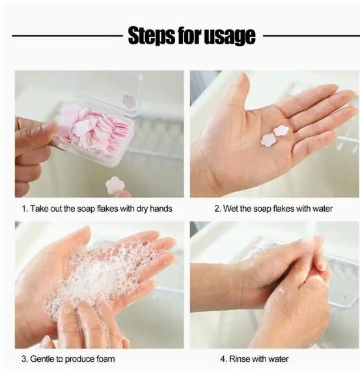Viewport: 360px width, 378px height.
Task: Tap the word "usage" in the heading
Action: pyautogui.click(x=230, y=37)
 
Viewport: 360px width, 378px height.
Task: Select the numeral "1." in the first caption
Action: pyautogui.click(x=25, y=209)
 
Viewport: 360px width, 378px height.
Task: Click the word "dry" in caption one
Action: pyautogui.click(x=142, y=209)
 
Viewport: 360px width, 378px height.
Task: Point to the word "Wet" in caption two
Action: pyautogui.click(x=230, y=209)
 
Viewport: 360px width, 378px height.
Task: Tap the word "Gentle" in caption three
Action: pyautogui.click(x=42, y=358)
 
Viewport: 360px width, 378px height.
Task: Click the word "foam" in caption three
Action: pyautogui.click(x=105, y=359)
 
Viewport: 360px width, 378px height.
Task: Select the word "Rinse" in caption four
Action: pyautogui.click(x=240, y=358)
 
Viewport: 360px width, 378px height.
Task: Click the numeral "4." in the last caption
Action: pyautogui.click(x=224, y=358)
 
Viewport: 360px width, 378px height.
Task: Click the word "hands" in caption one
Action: pyautogui.click(x=161, y=209)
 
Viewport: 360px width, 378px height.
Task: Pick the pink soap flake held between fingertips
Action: pyautogui.click(x=115, y=185)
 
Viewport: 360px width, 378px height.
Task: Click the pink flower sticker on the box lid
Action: pyautogui.click(x=128, y=101)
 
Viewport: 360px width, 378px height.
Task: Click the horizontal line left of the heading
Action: pyautogui.click(x=67, y=36)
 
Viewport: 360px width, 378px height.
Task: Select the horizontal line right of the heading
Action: pyautogui.click(x=311, y=36)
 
